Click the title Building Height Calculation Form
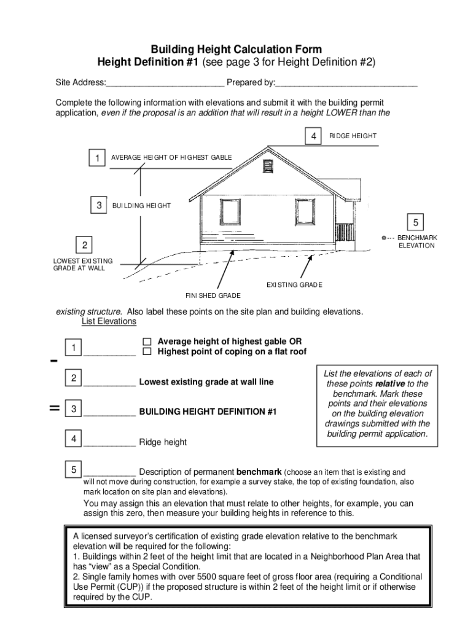coord(237,49)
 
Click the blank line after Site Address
coord(165,84)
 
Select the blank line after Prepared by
coord(346,84)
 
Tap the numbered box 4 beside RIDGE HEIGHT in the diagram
coord(313,136)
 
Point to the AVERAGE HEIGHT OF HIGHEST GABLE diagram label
coord(171,158)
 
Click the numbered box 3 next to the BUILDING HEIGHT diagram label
coord(98,206)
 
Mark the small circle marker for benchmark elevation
coord(383,238)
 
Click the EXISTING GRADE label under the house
coord(294,285)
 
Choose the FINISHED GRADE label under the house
coord(213,296)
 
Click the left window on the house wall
coord(230,211)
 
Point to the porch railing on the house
coord(344,232)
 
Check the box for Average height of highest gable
coord(147,342)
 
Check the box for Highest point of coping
coord(147,352)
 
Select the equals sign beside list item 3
coord(54,408)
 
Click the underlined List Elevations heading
coord(109,322)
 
